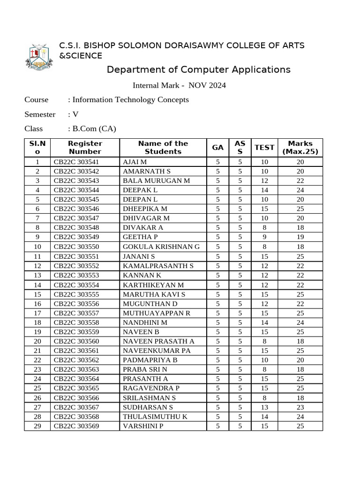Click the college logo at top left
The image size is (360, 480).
[x=40, y=58]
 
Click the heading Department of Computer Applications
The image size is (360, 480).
[x=198, y=70]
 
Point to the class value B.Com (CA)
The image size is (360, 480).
[x=94, y=128]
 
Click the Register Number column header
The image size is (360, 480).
[x=85, y=148]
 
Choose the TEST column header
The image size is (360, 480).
[x=264, y=148]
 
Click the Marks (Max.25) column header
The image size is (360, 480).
[x=300, y=148]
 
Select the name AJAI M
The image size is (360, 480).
[x=135, y=162]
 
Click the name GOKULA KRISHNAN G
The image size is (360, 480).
[x=161, y=247]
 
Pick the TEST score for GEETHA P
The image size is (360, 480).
[x=264, y=237]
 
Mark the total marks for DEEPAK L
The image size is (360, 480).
[x=300, y=190]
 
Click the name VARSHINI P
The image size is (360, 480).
[x=143, y=426]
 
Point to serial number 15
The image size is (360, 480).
[x=37, y=294]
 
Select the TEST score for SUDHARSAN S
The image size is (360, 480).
[x=264, y=407]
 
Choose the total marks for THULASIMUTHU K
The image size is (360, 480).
[x=300, y=417]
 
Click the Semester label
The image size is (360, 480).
[x=40, y=114]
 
